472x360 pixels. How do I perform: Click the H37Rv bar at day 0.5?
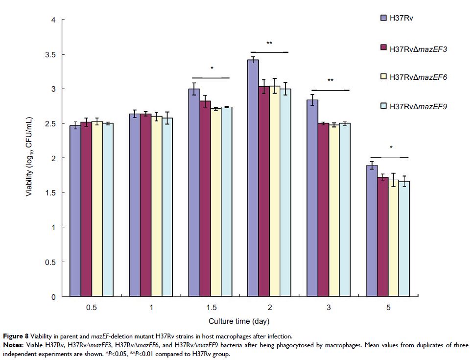[75, 211]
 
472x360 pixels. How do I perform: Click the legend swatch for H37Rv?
[384, 18]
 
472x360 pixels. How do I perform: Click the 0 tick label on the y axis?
[55, 297]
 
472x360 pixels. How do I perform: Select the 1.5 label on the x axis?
[211, 308]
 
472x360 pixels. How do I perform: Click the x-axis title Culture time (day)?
[237, 321]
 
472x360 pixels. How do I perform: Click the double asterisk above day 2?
[269, 43]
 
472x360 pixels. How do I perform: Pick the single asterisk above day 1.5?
[212, 68]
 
